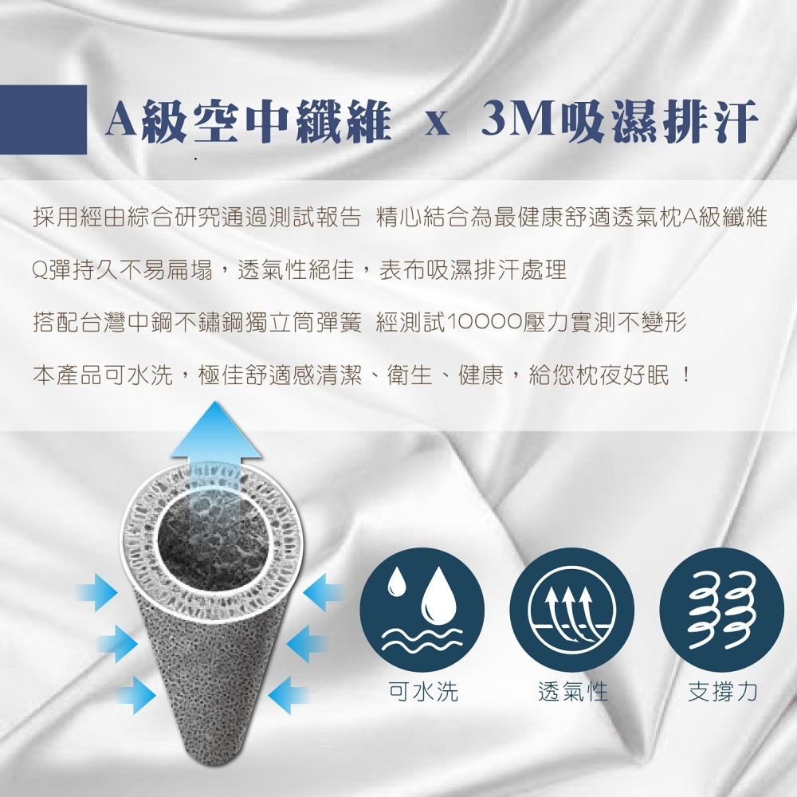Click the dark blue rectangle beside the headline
tap(43, 120)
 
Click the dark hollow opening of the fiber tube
tap(214, 542)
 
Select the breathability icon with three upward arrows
tap(572, 609)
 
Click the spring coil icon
tap(722, 609)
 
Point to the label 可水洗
tap(422, 691)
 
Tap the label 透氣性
tap(572, 691)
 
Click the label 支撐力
tap(722, 691)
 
